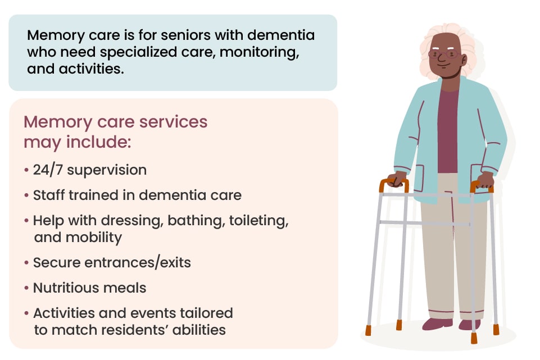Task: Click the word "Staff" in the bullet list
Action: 48,195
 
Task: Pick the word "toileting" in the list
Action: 258,221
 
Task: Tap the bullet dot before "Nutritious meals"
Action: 27,288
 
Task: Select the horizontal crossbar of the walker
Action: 424,223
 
